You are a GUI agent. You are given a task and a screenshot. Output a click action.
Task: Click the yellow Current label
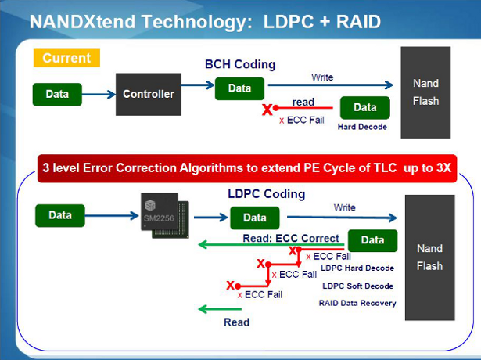click(66, 58)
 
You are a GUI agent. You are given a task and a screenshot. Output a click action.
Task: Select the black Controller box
click(148, 95)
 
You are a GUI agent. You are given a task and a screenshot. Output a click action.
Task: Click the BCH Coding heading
click(240, 64)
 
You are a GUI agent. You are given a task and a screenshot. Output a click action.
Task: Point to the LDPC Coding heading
click(266, 193)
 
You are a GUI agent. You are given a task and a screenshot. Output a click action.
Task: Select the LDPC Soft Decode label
click(358, 286)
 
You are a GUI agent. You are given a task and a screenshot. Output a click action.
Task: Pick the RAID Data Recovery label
click(357, 303)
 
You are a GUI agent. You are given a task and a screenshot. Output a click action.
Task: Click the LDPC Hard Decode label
click(358, 268)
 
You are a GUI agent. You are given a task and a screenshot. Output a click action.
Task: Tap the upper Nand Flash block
click(425, 92)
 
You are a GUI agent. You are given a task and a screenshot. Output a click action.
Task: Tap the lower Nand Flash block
click(429, 257)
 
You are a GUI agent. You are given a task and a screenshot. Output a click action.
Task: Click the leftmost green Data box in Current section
click(57, 95)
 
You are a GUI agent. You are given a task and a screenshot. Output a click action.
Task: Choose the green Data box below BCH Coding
click(239, 88)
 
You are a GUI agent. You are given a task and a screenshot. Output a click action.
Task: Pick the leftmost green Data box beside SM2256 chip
click(60, 214)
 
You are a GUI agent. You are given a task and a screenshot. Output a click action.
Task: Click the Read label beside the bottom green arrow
click(236, 322)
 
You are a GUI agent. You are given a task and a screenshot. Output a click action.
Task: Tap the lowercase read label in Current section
click(303, 103)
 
